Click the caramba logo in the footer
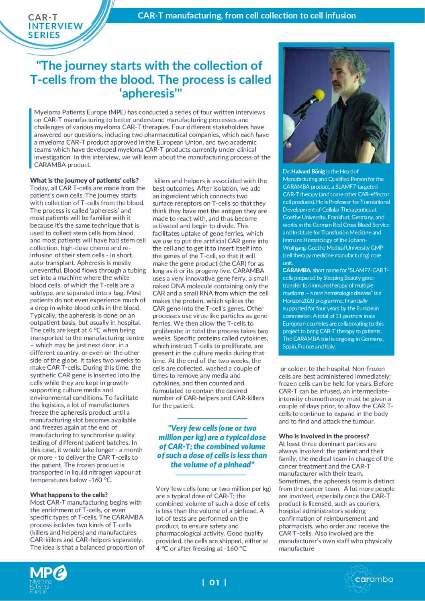click(x=368, y=579)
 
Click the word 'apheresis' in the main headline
click(x=151, y=94)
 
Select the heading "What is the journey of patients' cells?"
click(x=84, y=180)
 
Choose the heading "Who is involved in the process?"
click(x=324, y=436)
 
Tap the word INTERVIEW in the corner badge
click(x=55, y=26)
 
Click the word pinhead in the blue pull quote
click(x=237, y=465)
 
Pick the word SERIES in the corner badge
click(x=44, y=35)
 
